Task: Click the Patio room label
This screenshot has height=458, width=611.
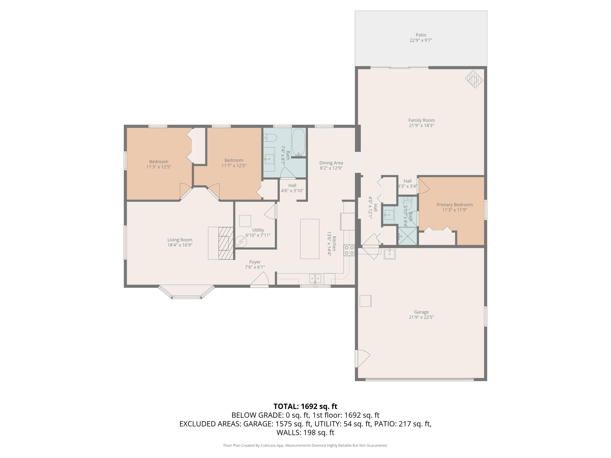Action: tap(421, 35)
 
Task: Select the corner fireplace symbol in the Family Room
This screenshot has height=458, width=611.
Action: tap(474, 79)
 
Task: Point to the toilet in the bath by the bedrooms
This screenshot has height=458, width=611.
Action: tap(270, 137)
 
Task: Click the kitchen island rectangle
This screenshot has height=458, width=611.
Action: tap(310, 239)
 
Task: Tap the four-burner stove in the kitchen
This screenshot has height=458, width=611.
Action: tap(349, 250)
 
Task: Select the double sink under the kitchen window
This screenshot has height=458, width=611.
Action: tap(315, 278)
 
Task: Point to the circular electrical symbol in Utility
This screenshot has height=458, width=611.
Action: tap(241, 242)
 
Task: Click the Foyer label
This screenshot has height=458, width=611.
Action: tap(255, 262)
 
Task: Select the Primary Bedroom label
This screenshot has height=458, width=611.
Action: tap(454, 205)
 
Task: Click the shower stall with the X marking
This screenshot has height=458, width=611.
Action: tap(407, 236)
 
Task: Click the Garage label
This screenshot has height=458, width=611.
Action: tap(421, 312)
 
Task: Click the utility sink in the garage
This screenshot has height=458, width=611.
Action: tap(389, 253)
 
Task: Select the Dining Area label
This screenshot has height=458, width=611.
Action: tap(331, 163)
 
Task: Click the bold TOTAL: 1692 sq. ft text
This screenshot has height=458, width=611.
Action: tap(305, 406)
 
